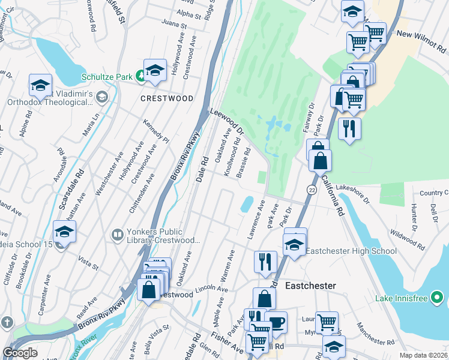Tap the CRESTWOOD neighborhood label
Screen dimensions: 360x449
pyautogui.click(x=167, y=98)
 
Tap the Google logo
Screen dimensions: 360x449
pyautogui.click(x=20, y=353)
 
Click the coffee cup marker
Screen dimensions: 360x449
pyautogui.click(x=276, y=322)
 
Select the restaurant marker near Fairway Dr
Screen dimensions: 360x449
pyautogui.click(x=349, y=128)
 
